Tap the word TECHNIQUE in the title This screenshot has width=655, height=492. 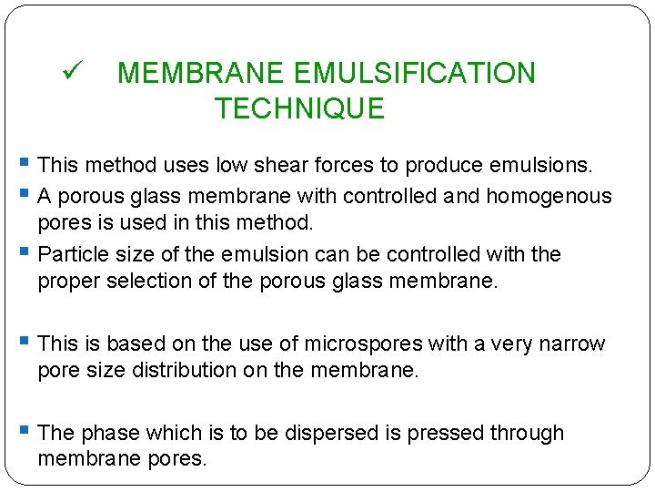tap(299, 109)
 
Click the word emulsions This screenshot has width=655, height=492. tap(540, 166)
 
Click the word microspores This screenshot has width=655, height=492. tap(365, 343)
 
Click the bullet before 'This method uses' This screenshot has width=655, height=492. tap(24, 164)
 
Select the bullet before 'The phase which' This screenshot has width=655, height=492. tap(24, 431)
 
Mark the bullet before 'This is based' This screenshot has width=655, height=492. tap(24, 342)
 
